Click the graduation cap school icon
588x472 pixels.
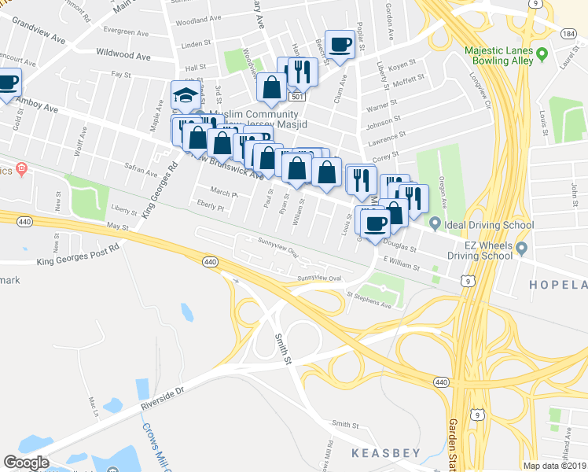[186, 96]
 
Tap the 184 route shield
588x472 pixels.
[568, 35]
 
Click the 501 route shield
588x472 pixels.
[296, 96]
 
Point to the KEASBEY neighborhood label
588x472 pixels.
[385, 453]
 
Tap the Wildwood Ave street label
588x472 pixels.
[123, 57]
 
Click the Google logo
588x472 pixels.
[26, 462]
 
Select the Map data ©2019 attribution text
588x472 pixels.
[554, 466]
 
